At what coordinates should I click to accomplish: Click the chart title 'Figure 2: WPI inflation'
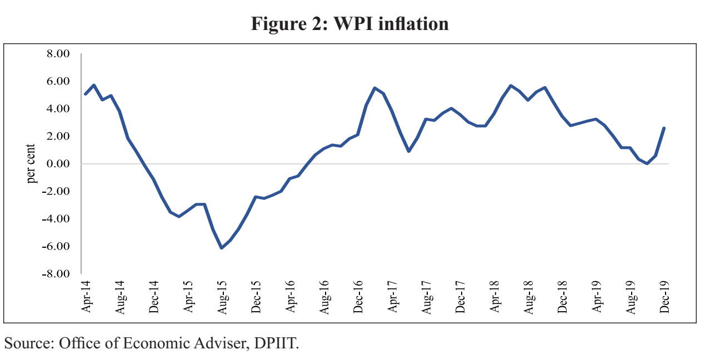pyautogui.click(x=350, y=24)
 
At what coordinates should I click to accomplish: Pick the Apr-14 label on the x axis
pyautogui.click(x=86, y=297)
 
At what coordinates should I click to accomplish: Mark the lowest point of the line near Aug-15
pyautogui.click(x=222, y=248)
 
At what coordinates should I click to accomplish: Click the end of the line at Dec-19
pyautogui.click(x=664, y=128)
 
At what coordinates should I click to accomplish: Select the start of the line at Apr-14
pyautogui.click(x=85, y=94)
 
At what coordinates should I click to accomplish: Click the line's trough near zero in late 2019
pyautogui.click(x=647, y=163)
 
